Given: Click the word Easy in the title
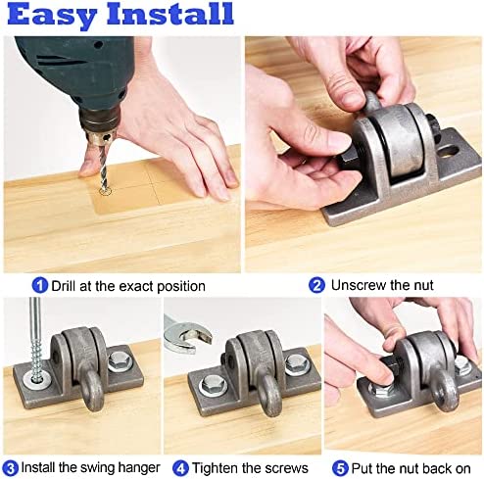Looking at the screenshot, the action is pyautogui.click(x=52, y=16).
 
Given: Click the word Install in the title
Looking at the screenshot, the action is pyautogui.click(x=169, y=13).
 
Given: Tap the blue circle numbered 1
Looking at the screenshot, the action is pyautogui.click(x=40, y=285).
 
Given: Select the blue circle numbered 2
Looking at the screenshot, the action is pyautogui.click(x=316, y=285).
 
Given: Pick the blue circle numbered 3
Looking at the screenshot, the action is pyautogui.click(x=11, y=468).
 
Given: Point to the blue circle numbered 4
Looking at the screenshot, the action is pyautogui.click(x=180, y=468).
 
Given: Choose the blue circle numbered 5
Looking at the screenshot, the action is pyautogui.click(x=340, y=468).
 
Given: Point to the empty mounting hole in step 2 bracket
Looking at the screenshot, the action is pyautogui.click(x=448, y=150).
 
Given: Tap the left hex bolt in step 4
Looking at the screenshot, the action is pyautogui.click(x=211, y=385).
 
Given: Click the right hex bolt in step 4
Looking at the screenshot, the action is pyautogui.click(x=296, y=363).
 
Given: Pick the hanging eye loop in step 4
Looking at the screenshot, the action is pyautogui.click(x=270, y=397).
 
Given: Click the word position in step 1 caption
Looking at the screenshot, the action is pyautogui.click(x=181, y=286).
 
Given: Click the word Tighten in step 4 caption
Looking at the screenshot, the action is pyautogui.click(x=215, y=468).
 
